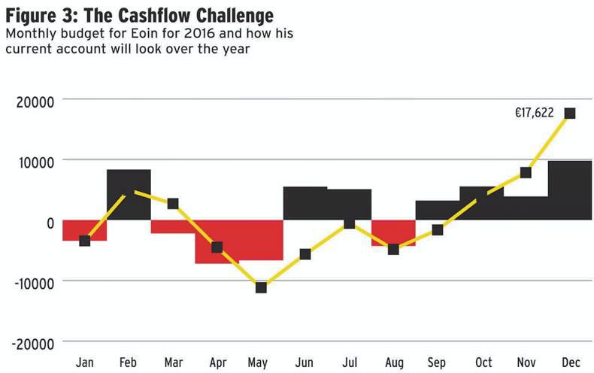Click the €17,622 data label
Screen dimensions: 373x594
pyautogui.click(x=534, y=114)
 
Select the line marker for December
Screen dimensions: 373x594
pyautogui.click(x=569, y=114)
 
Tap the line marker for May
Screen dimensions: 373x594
pyautogui.click(x=261, y=287)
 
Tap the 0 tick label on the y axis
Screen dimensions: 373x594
pyautogui.click(x=49, y=223)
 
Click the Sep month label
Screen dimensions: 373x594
pyautogui.click(x=437, y=363)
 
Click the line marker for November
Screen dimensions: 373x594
pyautogui.click(x=526, y=172)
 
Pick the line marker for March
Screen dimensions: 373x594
pyautogui.click(x=173, y=204)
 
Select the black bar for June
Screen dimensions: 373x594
pyautogui.click(x=305, y=204)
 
